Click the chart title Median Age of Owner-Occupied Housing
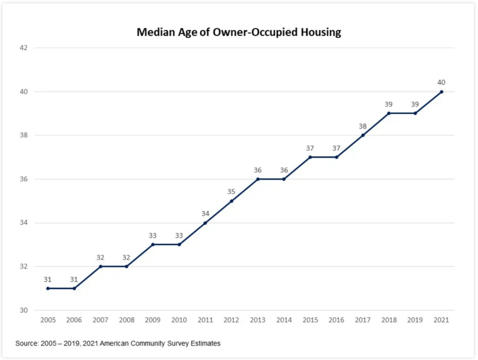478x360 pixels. click(x=239, y=33)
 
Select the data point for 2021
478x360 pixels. click(x=441, y=92)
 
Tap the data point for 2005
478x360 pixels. click(x=48, y=288)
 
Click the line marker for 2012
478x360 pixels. click(x=231, y=201)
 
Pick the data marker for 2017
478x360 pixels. click(x=363, y=135)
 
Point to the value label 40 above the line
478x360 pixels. click(x=441, y=82)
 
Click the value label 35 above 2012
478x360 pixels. click(x=231, y=192)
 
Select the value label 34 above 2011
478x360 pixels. click(x=205, y=214)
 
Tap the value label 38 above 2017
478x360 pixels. click(x=363, y=126)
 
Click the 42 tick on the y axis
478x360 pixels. click(x=24, y=48)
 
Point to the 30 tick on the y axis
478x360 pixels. click(x=24, y=310)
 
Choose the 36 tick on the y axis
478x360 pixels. click(x=24, y=179)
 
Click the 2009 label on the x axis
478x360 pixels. click(x=152, y=320)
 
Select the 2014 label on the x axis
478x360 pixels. click(x=284, y=320)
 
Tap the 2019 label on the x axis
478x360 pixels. click(x=415, y=320)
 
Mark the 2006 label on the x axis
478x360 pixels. click(x=74, y=320)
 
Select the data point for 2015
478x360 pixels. click(x=310, y=157)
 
